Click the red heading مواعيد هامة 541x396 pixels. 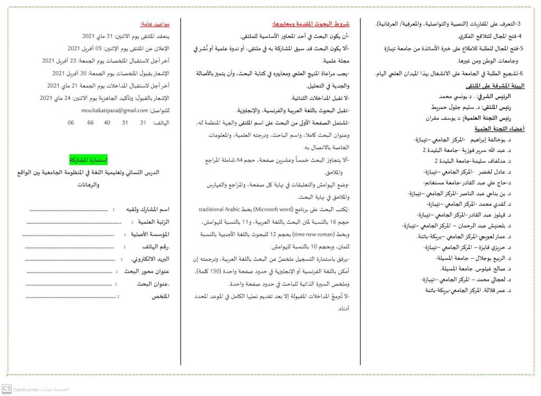(x=155, y=24)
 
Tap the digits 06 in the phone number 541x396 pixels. (x=71, y=123)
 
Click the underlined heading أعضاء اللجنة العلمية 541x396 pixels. (x=496, y=129)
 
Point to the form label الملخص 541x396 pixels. (x=160, y=297)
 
